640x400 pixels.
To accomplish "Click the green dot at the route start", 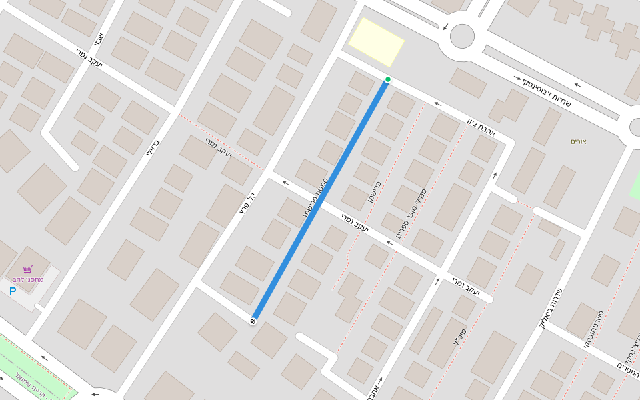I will click(387, 79).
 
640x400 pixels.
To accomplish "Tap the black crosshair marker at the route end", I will click(253, 322).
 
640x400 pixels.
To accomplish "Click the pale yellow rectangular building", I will click(377, 42).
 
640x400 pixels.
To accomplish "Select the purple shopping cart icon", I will click(27, 269).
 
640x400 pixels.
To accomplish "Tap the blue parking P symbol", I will click(13, 291).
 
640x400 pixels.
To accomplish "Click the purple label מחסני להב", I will click(28, 279).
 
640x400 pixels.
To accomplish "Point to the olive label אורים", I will click(578, 141).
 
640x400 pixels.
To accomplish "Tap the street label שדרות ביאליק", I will click(551, 309).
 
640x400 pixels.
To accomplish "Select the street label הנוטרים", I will click(628, 369).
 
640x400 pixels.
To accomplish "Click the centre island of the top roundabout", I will click(462, 36).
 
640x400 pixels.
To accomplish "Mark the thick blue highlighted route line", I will click(320, 201).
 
